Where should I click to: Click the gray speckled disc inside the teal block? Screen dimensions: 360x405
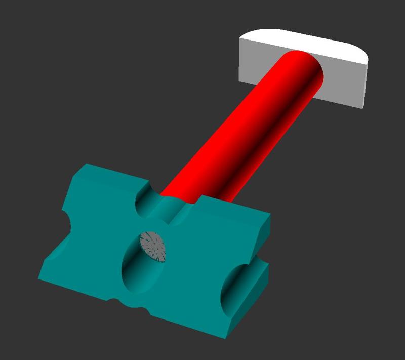click(153, 246)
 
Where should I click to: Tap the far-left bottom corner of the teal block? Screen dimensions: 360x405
click(39, 278)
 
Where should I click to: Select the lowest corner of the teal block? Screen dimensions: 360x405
click(227, 338)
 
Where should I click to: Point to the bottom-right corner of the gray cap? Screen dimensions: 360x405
click(363, 107)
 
